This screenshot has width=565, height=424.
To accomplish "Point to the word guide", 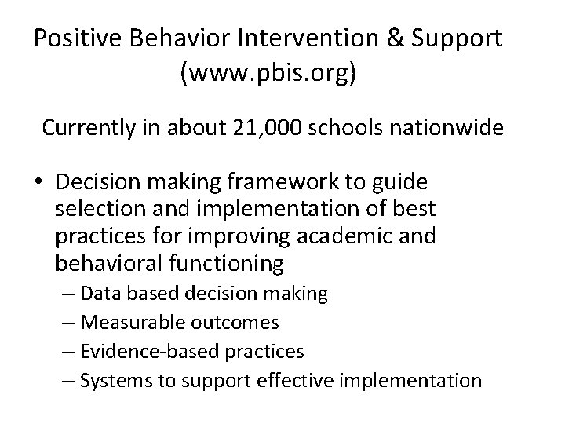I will pos(403,183).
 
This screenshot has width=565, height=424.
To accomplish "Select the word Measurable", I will pos(124,323).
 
